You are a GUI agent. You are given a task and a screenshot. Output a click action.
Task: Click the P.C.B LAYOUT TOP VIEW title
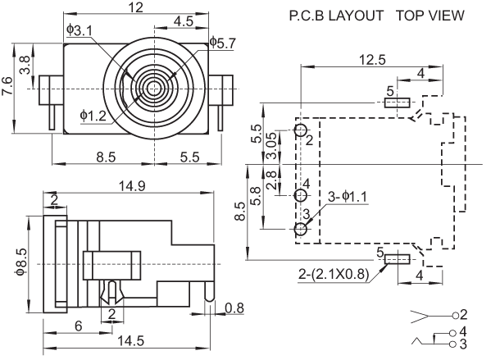(x=376, y=16)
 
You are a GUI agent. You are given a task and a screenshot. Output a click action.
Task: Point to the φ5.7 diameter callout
(x=222, y=42)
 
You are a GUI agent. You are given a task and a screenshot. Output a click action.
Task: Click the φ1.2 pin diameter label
(x=93, y=115)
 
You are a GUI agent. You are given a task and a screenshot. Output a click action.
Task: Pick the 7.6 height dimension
(x=7, y=85)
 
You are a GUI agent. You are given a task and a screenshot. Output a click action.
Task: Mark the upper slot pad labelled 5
(x=398, y=103)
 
